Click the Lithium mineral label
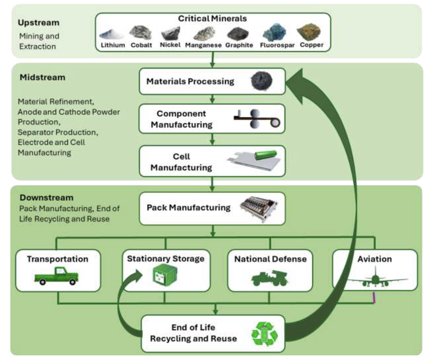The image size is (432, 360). pos(113,45)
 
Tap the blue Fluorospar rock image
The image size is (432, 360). pos(274,32)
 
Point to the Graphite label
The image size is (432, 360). pos(239,45)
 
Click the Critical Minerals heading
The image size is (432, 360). pos(212,19)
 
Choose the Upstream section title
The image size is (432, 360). pos(38,22)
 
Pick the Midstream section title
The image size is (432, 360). pos(42,77)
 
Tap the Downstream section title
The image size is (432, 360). pos(46,198)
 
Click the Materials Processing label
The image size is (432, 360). pos(190,81)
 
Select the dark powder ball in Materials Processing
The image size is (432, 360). pos(261,81)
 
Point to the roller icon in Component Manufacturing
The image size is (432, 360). pos(256,120)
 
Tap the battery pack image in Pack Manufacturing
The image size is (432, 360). pos(261,208)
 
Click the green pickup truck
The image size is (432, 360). pos(56,275)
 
